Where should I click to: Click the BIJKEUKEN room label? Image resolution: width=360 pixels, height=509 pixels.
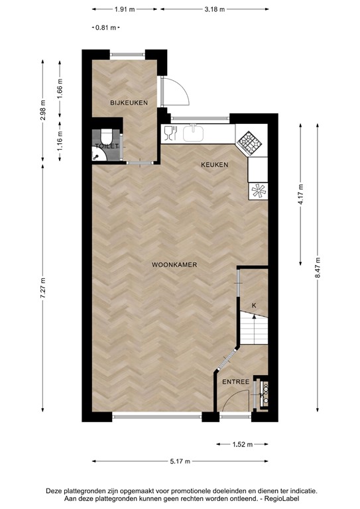(x=129, y=102)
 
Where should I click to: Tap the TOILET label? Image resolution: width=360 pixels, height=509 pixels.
(x=107, y=145)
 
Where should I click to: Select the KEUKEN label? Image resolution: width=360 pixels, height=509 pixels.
(x=215, y=165)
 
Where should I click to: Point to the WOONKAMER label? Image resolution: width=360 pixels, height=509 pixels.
(x=175, y=264)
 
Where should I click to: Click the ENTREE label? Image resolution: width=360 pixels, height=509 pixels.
(x=235, y=382)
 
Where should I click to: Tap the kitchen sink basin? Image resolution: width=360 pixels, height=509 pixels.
(x=192, y=133)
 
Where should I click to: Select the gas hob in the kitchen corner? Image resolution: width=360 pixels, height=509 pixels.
(x=250, y=141)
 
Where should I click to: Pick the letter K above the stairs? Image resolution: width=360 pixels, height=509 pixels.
(x=253, y=306)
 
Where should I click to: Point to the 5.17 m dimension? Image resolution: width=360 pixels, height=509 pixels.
(x=179, y=461)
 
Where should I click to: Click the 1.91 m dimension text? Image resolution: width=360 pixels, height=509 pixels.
(x=125, y=10)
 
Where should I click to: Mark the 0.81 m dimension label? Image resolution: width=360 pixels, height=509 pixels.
(x=106, y=28)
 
